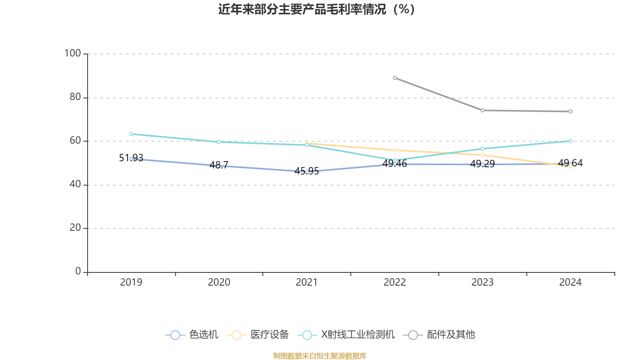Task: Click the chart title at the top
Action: click(316, 9)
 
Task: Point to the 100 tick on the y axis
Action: click(72, 53)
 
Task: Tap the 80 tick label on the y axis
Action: click(75, 97)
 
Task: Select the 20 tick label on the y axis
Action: click(75, 228)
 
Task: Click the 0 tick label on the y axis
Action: click(78, 271)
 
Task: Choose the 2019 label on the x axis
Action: click(131, 282)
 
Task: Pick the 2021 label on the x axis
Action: click(307, 282)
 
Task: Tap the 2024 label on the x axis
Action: click(570, 282)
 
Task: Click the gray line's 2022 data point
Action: click(395, 78)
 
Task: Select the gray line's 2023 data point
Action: click(482, 110)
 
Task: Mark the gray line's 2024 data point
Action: click(570, 112)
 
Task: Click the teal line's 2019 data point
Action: click(131, 134)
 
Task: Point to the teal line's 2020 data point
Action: click(219, 142)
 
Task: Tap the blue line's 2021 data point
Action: click(307, 172)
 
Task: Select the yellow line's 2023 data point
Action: click(482, 155)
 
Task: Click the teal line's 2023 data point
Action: click(482, 149)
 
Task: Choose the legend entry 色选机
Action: click(192, 335)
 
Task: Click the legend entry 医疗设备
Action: click(258, 335)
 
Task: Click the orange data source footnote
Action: click(320, 356)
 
